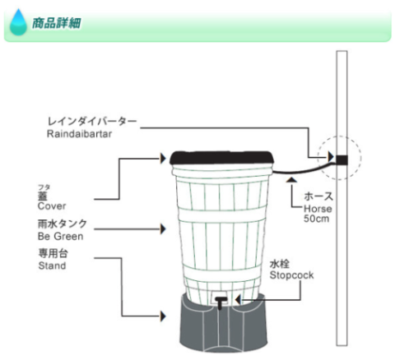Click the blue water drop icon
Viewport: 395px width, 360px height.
coord(18,22)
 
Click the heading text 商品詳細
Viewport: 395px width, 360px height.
coord(57,23)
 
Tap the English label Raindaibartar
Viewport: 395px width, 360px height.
coord(80,134)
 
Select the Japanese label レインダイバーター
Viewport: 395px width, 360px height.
coord(92,122)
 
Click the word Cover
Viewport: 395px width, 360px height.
coord(52,206)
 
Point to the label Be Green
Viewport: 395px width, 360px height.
coord(61,236)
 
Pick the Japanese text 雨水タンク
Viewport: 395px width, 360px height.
coord(63,224)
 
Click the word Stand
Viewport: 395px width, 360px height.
coord(52,265)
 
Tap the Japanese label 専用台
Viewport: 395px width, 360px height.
coord(53,253)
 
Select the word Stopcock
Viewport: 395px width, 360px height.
coord(291,275)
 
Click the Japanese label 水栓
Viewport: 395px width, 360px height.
coord(280,264)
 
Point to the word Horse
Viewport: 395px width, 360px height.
coord(318,209)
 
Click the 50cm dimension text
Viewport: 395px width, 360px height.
coord(316,219)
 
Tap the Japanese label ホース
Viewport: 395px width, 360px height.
coord(318,196)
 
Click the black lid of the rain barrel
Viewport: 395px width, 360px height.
coord(221,158)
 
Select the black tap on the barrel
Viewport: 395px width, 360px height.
coord(220,302)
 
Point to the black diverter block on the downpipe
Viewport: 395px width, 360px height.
coord(342,160)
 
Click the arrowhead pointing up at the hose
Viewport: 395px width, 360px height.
coord(291,180)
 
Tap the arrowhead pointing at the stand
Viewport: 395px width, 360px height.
coord(163,316)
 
